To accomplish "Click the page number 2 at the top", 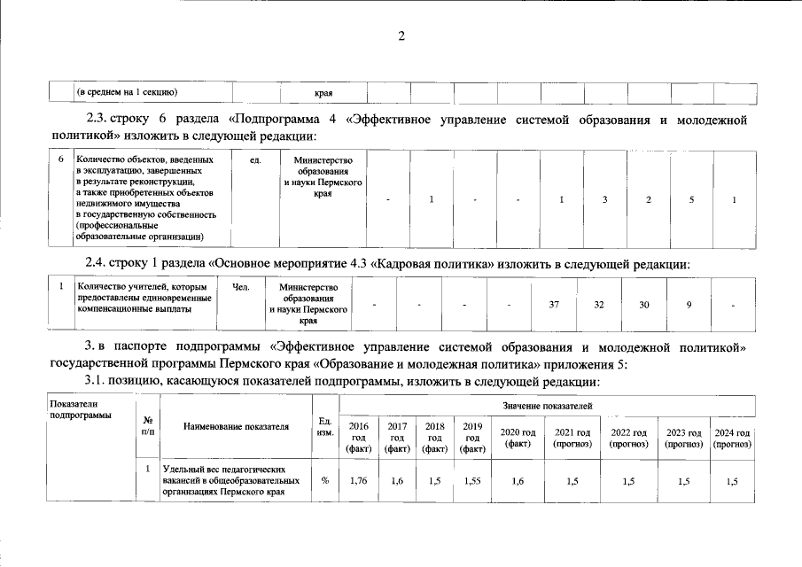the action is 401,36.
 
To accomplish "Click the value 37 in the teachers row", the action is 554,305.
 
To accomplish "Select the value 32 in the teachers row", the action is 599,305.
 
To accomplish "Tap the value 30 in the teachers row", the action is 644,305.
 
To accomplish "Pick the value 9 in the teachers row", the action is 689,305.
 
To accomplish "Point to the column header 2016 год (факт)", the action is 359,438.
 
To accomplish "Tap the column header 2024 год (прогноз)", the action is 731,438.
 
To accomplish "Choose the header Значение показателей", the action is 546,405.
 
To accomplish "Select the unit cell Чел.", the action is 241,288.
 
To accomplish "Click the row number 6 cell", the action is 61,160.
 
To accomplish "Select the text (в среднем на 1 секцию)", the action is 128,92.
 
